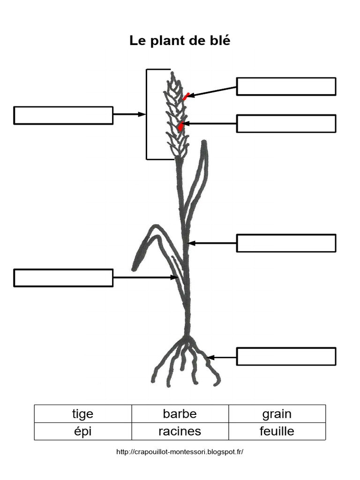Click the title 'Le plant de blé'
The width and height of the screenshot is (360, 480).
tap(180, 41)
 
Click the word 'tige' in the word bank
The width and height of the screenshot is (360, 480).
tap(82, 414)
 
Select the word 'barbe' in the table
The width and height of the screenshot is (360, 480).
tap(180, 414)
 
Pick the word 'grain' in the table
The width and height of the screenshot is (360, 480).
tap(277, 414)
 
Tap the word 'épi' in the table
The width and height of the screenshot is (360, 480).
tap(82, 431)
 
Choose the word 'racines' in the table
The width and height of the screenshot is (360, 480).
tap(180, 431)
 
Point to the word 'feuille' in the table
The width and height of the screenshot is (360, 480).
tap(277, 431)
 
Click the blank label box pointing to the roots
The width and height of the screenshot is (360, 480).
tap(286, 356)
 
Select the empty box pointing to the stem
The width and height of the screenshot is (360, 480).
tap(286, 243)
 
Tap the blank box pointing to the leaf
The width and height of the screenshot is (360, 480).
tap(63, 277)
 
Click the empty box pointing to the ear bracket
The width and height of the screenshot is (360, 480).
tap(63, 115)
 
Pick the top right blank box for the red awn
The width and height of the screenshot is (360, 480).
tap(286, 86)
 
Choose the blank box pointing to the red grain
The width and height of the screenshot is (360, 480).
tap(286, 123)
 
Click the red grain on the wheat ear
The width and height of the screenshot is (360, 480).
tap(180, 126)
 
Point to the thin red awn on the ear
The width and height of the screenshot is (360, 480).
tap(186, 97)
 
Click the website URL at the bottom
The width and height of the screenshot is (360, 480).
tap(180, 452)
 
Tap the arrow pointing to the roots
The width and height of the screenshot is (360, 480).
tap(222, 357)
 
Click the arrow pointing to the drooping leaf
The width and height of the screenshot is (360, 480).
tap(143, 277)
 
